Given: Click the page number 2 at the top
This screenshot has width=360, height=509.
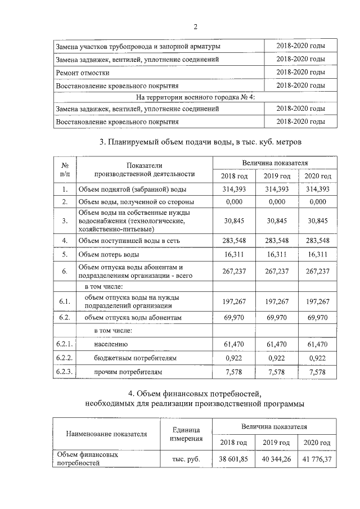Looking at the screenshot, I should (x=195, y=26).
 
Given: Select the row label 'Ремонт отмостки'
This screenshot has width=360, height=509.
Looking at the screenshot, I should (x=83, y=73).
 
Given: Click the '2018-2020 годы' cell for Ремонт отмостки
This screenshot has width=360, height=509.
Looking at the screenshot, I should (x=301, y=73).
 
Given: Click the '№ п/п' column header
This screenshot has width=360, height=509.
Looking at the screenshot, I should (x=65, y=169).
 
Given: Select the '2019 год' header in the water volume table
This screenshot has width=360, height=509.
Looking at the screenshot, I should (x=277, y=177).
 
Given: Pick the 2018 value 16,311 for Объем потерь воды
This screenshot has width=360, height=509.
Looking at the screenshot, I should (x=233, y=254).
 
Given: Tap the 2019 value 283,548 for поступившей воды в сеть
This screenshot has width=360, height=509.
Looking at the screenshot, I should (x=277, y=241).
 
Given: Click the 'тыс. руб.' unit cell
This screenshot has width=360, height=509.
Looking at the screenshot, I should (x=186, y=459).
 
